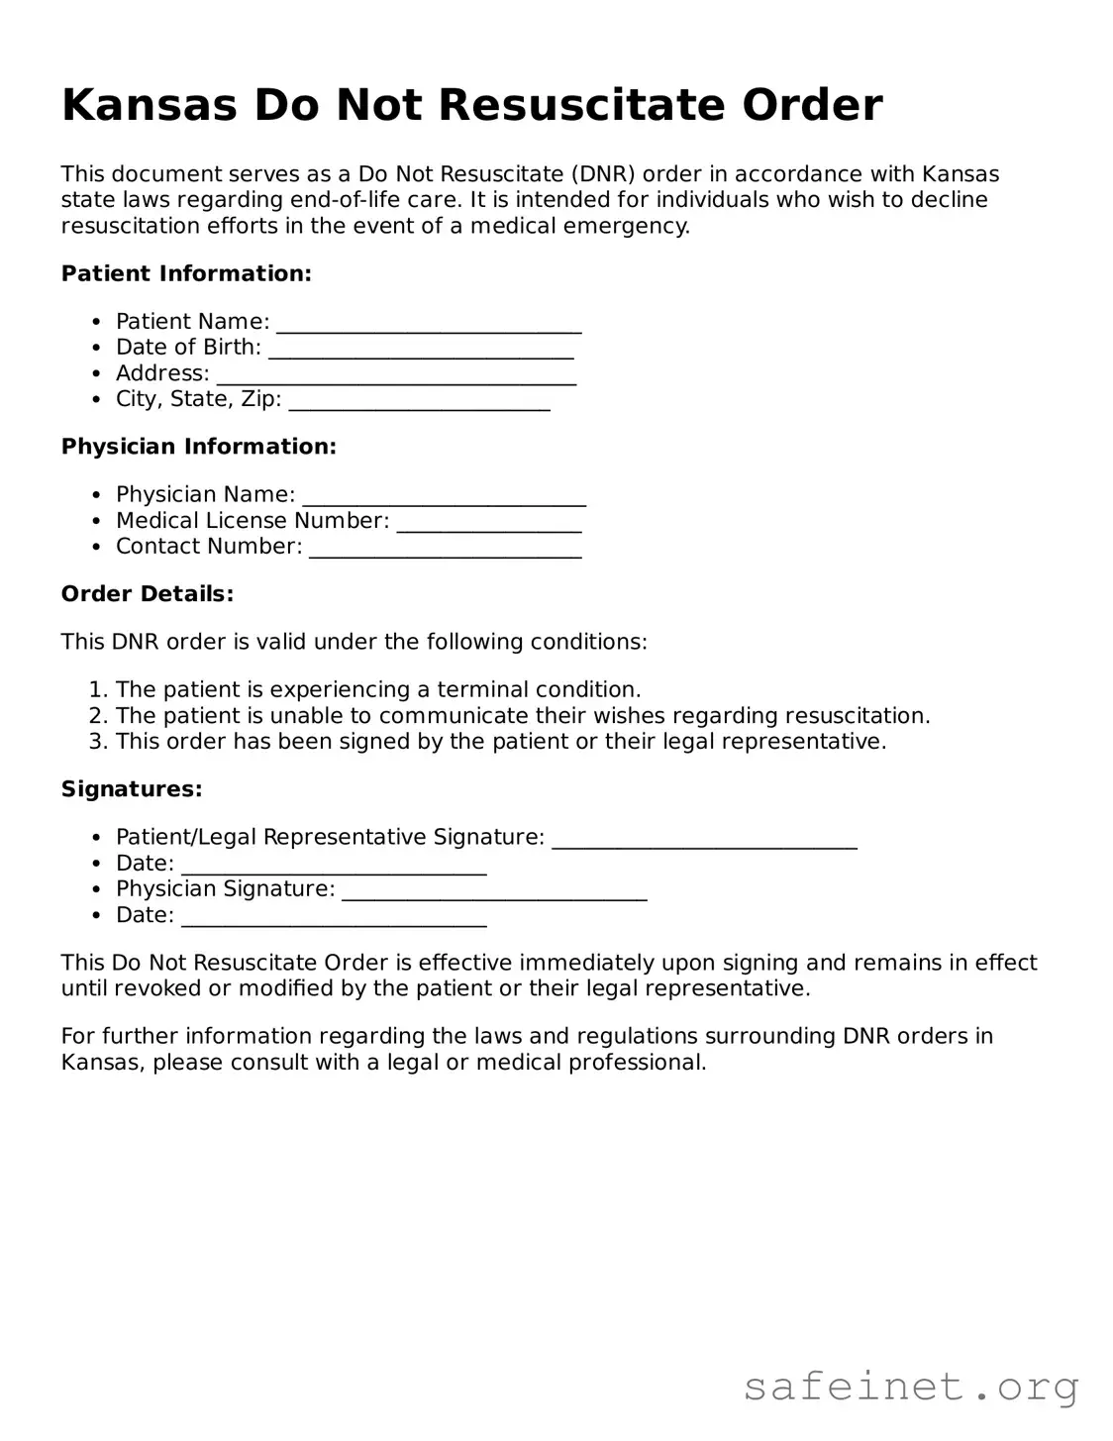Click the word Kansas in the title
pos(150,105)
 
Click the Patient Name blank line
pos(429,325)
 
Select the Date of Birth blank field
pos(421,351)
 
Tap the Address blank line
pos(396,376)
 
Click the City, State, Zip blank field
pos(419,402)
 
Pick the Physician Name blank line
pos(444,497)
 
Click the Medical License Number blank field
pos(489,523)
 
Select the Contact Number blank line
pos(446,549)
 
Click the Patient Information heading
pos(186,273)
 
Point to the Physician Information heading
pos(199,447)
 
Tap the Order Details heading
pos(148,594)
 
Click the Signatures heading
pos(132,789)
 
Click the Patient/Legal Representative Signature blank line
pos(704,840)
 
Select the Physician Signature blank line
pos(494,891)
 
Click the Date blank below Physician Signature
pos(335,918)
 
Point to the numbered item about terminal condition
pos(378,689)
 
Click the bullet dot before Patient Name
pos(96,322)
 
